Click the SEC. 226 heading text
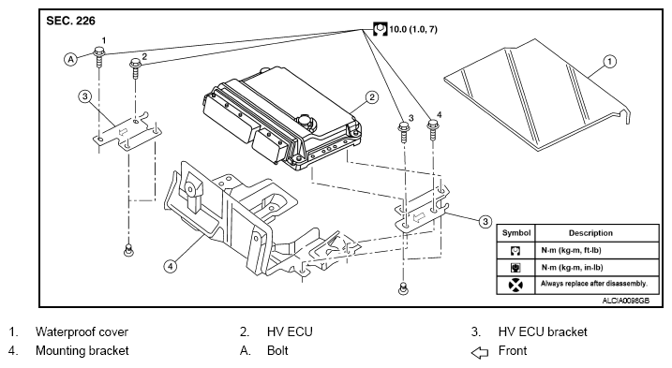tap(70, 21)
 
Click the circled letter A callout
tap(70, 59)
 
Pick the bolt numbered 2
tap(136, 68)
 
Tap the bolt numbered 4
tap(433, 130)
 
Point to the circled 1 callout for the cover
tap(610, 62)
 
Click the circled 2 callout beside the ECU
tap(371, 97)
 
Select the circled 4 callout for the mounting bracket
tap(171, 267)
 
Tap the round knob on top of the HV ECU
tap(306, 122)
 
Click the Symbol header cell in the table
tap(516, 233)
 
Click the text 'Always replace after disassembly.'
tap(594, 284)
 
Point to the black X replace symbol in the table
tap(515, 285)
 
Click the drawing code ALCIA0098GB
tap(626, 301)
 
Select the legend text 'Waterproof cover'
tap(82, 332)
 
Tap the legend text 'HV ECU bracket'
tap(543, 332)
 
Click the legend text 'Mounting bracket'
tap(82, 351)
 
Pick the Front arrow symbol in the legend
tap(480, 352)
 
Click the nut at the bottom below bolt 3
tap(402, 287)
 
